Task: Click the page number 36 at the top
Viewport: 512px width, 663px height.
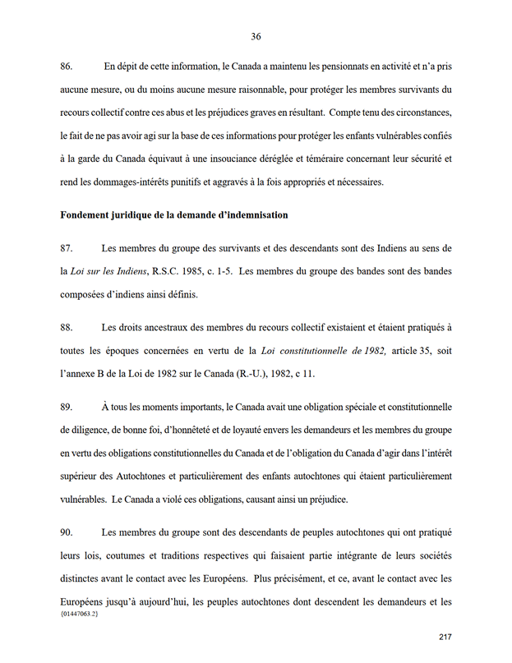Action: point(256,36)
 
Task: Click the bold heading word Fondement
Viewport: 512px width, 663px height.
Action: point(88,215)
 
